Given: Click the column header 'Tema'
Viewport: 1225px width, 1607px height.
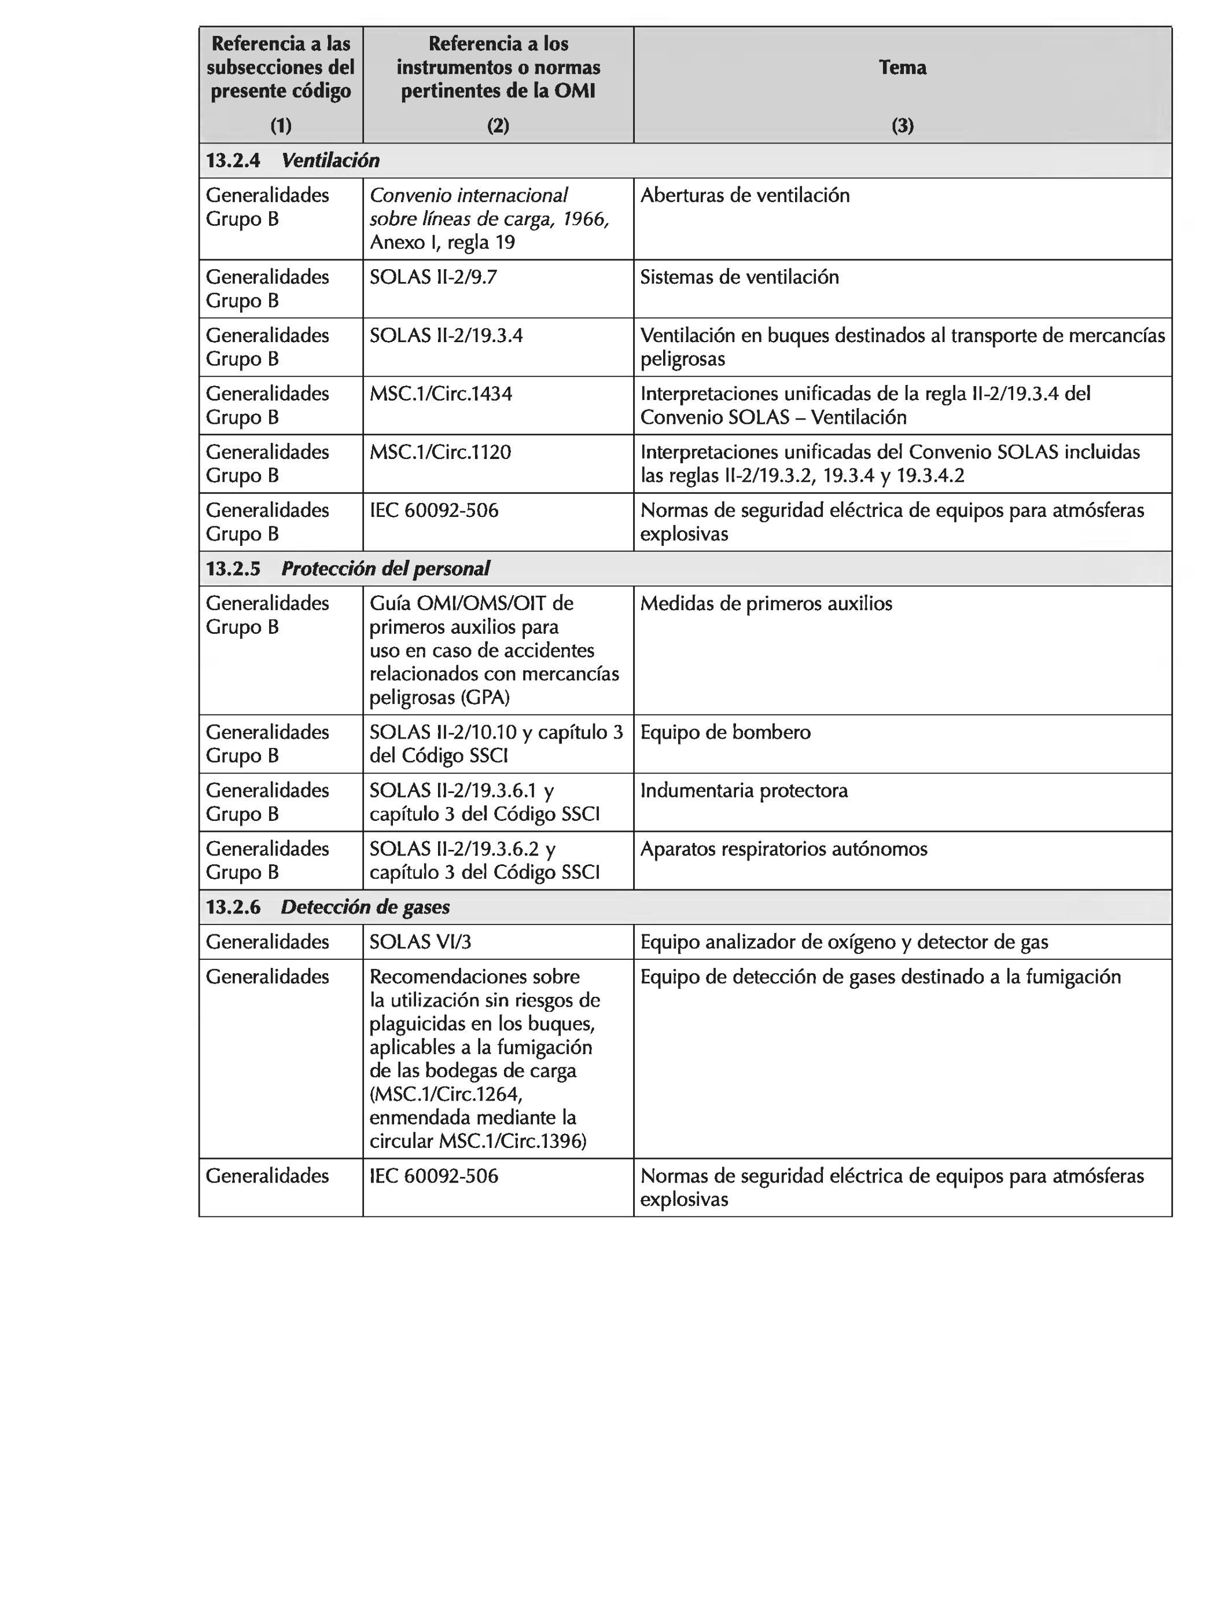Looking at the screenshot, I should point(902,67).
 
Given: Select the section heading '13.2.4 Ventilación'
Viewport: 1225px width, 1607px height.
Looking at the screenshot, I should point(293,160).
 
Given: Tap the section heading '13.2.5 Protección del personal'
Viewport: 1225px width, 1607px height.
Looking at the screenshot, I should point(348,568).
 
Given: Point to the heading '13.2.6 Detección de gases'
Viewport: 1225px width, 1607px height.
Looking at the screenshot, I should point(328,907).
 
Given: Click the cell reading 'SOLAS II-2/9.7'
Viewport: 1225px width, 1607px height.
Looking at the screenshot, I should point(433,277).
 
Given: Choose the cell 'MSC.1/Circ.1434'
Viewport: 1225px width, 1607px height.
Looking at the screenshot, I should point(440,394).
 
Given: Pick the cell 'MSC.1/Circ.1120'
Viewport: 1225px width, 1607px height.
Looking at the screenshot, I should point(440,452).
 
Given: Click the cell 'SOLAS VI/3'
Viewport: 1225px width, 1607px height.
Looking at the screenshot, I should point(420,942).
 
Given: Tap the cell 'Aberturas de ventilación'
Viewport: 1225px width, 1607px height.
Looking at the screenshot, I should point(745,196).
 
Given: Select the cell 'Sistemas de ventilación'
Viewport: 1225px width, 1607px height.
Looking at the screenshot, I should point(740,277).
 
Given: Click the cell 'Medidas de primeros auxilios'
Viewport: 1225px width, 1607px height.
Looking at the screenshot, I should point(766,603).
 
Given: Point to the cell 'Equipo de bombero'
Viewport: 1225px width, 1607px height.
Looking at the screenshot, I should point(725,732).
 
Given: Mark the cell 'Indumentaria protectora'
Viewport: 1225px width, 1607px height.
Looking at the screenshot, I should point(744,791).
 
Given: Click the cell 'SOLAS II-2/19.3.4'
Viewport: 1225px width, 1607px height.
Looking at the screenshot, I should point(446,336).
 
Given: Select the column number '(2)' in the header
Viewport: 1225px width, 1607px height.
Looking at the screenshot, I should point(498,126).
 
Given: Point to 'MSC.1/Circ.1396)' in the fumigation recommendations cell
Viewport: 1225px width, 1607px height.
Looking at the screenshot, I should point(513,1141).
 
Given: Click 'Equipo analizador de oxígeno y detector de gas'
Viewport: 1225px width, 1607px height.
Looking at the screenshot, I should point(844,942).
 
